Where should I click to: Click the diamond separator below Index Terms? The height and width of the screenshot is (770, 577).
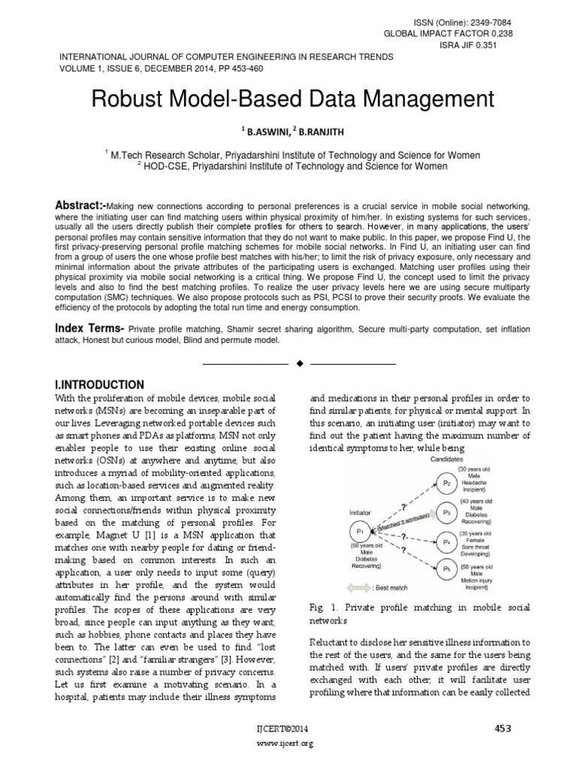[299, 364]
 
